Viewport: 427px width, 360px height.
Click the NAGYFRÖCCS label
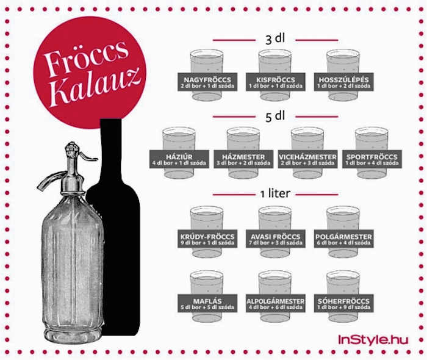point(207,82)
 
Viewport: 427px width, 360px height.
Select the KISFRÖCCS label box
point(275,82)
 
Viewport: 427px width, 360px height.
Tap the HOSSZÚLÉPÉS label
point(343,82)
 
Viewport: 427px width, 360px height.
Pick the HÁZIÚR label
point(179,159)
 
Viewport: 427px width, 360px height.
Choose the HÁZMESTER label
point(243,159)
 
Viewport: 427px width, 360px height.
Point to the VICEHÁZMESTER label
point(307,159)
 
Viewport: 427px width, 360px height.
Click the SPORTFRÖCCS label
point(371,159)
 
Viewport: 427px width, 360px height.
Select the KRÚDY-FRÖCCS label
point(207,239)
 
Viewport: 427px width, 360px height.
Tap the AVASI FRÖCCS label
point(275,239)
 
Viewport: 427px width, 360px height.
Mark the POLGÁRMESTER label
point(343,239)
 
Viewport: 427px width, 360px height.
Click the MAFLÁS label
point(207,303)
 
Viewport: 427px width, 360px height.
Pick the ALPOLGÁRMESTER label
point(275,303)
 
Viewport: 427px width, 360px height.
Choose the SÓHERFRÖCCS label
point(343,303)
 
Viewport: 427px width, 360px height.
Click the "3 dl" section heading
point(275,39)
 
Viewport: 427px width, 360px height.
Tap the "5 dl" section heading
point(275,117)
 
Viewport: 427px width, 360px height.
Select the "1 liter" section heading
point(274,193)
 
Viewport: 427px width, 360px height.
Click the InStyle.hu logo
point(373,339)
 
